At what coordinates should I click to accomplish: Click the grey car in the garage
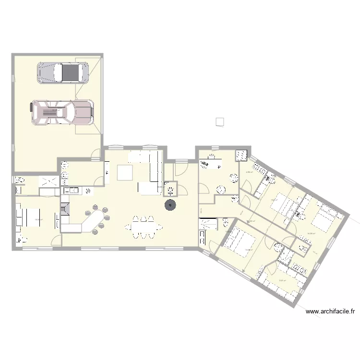tap(63, 72)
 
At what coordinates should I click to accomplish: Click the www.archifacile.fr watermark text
tap(331, 312)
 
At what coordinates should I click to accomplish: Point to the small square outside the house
tap(220, 121)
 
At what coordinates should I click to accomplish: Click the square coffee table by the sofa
tap(125, 172)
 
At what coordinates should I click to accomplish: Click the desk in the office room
tap(210, 164)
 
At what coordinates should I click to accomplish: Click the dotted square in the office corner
tap(240, 155)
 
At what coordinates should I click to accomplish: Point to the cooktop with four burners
tap(88, 191)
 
